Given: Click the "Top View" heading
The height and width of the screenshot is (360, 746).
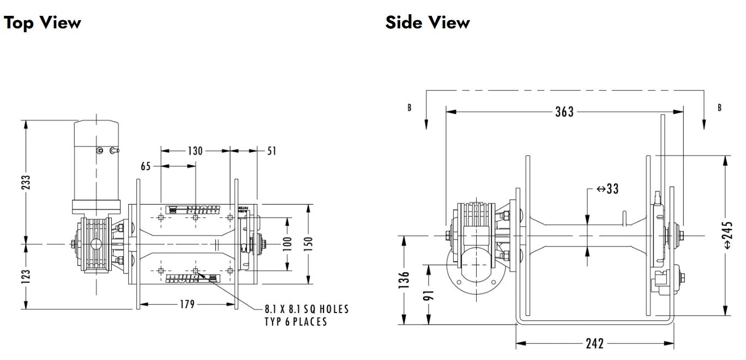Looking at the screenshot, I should click(43, 22).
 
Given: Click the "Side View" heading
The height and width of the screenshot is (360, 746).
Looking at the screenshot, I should click(427, 22).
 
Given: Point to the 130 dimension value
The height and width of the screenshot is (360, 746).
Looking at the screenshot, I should click(195, 151).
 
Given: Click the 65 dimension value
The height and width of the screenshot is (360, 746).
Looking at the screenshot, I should click(146, 166).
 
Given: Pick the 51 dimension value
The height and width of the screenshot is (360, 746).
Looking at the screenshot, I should click(272, 151).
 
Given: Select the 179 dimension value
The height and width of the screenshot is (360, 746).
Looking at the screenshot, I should click(187, 304).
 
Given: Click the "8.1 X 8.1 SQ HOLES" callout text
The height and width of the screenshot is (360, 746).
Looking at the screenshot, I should click(306, 310).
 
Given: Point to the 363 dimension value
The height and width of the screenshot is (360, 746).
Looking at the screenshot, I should click(564, 112).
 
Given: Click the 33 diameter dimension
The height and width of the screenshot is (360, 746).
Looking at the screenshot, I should click(607, 189).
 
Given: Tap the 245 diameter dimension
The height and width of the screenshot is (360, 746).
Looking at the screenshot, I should click(730, 235).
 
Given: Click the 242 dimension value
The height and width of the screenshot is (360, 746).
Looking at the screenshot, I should click(595, 344).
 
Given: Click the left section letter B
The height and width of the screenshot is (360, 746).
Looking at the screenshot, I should click(410, 107).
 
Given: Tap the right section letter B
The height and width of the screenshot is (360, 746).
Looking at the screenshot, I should click(720, 107).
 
